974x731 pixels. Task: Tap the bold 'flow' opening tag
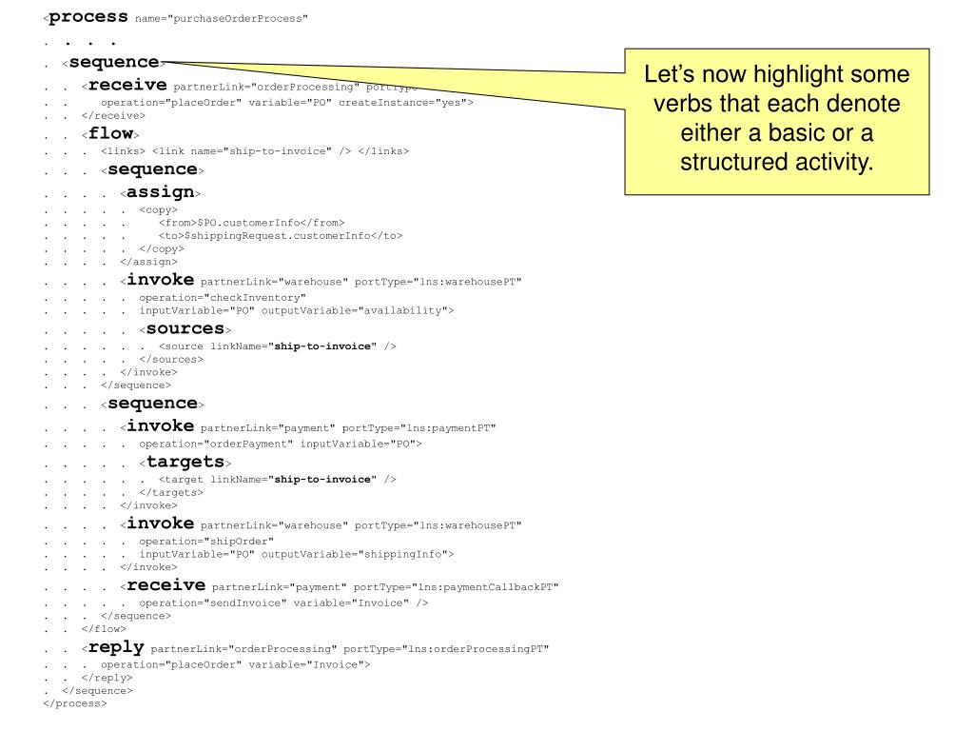coord(110,134)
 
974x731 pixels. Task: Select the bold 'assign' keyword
coord(160,192)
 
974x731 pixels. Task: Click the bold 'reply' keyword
coord(116,647)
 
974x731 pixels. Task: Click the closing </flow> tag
coord(104,628)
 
